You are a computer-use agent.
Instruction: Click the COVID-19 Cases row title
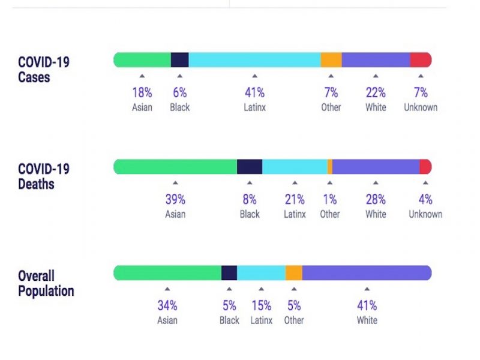click(x=43, y=70)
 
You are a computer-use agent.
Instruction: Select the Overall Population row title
click(x=46, y=283)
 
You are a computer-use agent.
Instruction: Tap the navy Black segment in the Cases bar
click(x=179, y=60)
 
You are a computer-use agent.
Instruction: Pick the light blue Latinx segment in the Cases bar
click(x=254, y=60)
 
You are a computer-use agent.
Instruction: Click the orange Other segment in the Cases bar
click(x=331, y=60)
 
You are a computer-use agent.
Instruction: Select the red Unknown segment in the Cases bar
click(x=421, y=60)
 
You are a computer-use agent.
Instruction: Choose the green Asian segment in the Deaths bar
click(x=175, y=167)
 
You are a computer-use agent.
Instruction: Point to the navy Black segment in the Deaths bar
click(x=250, y=167)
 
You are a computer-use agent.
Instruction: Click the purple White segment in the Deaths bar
click(x=376, y=167)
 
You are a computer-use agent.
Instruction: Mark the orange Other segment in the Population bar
click(x=293, y=273)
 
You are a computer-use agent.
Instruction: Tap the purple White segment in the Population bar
click(x=367, y=273)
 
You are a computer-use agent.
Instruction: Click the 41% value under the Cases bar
click(x=254, y=93)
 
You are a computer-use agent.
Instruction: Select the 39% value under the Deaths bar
click(x=175, y=200)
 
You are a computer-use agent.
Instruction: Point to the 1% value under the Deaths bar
click(x=329, y=200)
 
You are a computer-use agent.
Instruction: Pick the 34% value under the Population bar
click(x=167, y=306)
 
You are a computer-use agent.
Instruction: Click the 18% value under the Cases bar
click(x=142, y=93)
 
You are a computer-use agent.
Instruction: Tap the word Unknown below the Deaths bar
click(x=425, y=214)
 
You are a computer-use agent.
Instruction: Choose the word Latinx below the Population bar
click(x=261, y=320)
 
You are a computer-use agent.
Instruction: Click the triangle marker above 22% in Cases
click(x=376, y=76)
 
